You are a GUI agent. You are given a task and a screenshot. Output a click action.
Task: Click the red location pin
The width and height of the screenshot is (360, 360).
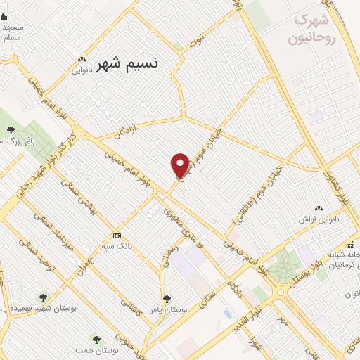coord(180,165)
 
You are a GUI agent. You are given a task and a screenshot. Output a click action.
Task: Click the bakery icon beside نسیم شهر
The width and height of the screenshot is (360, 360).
coord(84,60)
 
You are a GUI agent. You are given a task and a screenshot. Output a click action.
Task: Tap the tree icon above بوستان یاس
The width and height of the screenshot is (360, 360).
coord(167,298)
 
